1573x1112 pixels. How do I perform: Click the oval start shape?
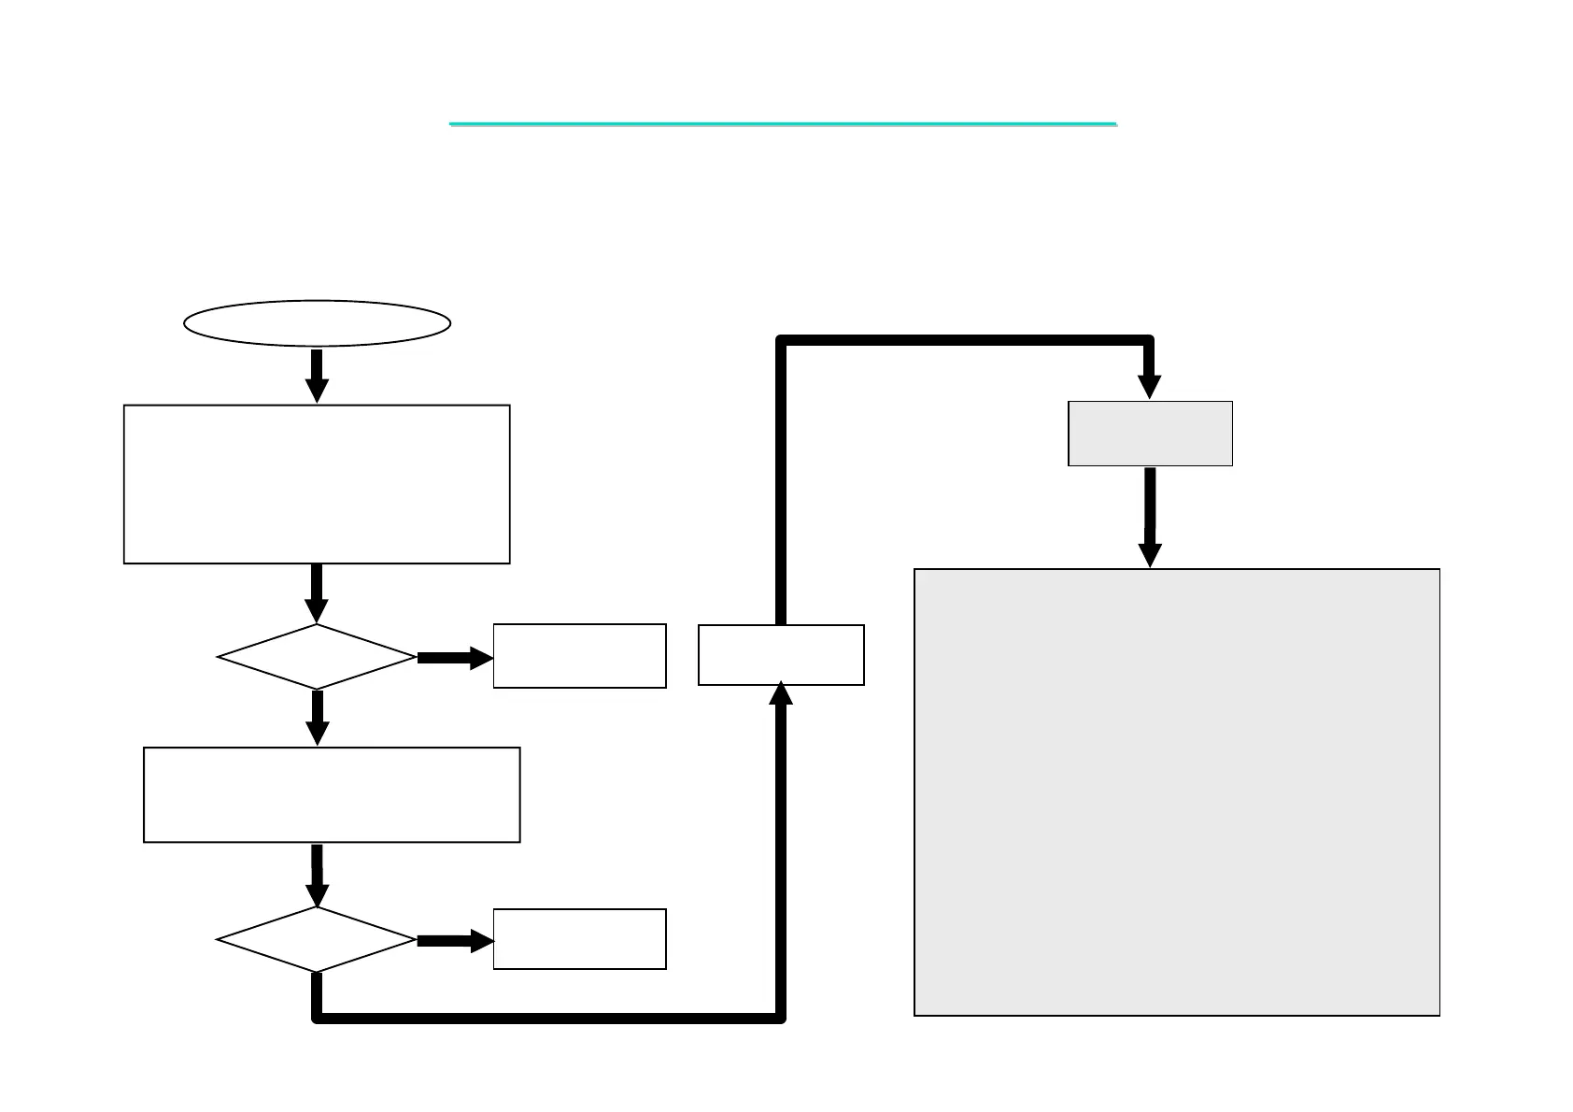click(x=318, y=323)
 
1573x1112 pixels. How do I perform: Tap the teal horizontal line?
click(x=783, y=123)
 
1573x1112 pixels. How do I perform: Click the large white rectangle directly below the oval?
click(x=317, y=484)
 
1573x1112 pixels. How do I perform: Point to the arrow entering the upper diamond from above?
click(x=318, y=593)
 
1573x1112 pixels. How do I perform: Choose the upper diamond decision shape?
click(x=317, y=657)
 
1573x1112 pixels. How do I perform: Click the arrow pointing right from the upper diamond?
click(x=454, y=658)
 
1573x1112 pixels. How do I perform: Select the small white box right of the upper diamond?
click(x=579, y=656)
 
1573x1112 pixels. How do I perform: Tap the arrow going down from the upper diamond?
click(x=318, y=718)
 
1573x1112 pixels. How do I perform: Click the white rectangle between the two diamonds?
click(x=332, y=794)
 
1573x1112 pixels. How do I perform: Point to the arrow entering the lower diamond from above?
click(x=318, y=876)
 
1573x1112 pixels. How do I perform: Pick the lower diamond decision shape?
click(x=317, y=939)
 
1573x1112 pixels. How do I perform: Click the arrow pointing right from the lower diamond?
click(x=454, y=940)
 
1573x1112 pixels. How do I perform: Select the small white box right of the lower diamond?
click(x=579, y=939)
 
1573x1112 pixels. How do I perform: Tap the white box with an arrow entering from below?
click(x=781, y=655)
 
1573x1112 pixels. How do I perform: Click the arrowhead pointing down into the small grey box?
click(x=1150, y=387)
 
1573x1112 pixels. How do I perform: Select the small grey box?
click(x=1150, y=434)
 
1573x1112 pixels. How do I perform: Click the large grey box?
click(x=1176, y=791)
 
